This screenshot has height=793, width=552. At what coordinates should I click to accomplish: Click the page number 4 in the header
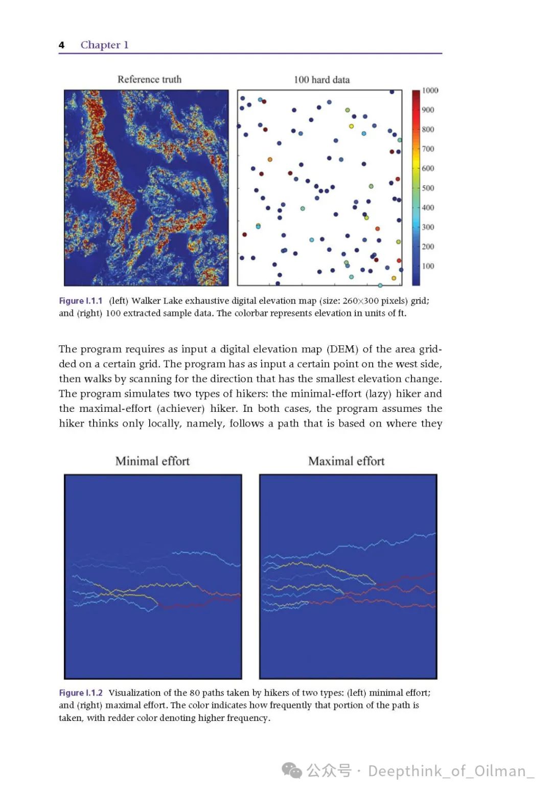[x=61, y=45]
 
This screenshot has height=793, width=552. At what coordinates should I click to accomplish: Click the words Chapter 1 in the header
[x=104, y=45]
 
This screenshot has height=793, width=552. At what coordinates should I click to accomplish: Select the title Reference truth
[x=149, y=79]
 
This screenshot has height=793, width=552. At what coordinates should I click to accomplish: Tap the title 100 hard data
[x=321, y=80]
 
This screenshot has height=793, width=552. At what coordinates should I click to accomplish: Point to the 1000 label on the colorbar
[x=430, y=91]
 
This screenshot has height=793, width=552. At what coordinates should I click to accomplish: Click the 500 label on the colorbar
[x=428, y=188]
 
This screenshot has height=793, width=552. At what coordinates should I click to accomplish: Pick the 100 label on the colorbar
[x=428, y=266]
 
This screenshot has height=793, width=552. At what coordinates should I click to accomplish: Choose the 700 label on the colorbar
[x=428, y=149]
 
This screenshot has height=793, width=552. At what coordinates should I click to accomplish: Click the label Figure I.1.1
[x=81, y=301]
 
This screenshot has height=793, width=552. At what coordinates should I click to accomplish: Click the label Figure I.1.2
[x=81, y=693]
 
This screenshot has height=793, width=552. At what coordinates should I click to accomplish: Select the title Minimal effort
[x=152, y=461]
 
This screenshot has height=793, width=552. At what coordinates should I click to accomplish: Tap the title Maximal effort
[x=346, y=461]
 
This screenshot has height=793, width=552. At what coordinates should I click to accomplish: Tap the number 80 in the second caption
[x=194, y=693]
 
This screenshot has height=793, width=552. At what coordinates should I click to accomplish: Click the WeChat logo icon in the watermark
[x=292, y=770]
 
